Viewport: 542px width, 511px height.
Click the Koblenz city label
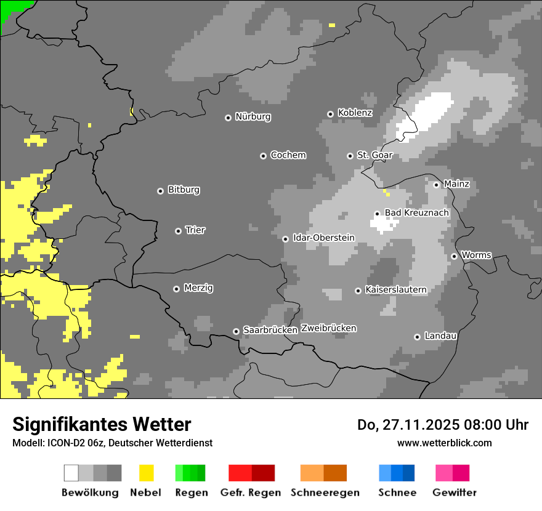(x=355, y=113)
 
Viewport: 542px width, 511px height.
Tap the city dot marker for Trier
(x=178, y=231)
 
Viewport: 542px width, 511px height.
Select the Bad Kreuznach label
(x=416, y=212)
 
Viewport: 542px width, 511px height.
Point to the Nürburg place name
(x=253, y=116)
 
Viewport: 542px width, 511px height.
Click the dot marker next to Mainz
(x=436, y=185)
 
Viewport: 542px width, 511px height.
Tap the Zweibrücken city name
(x=328, y=328)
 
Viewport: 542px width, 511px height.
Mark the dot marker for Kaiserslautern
(x=358, y=291)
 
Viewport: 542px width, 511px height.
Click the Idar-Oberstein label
(x=323, y=238)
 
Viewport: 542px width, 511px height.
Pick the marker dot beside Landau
(x=417, y=337)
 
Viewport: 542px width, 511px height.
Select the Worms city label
(x=476, y=255)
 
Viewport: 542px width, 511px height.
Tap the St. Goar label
(x=374, y=155)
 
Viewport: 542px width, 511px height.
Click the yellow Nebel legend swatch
(x=146, y=473)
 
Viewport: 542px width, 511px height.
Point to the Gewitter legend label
(x=454, y=493)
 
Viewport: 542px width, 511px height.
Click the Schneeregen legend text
(x=325, y=493)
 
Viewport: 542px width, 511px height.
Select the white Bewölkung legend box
(x=71, y=473)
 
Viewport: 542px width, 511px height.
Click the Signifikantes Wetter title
(x=102, y=425)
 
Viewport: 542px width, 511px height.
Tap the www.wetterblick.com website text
(x=444, y=443)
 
